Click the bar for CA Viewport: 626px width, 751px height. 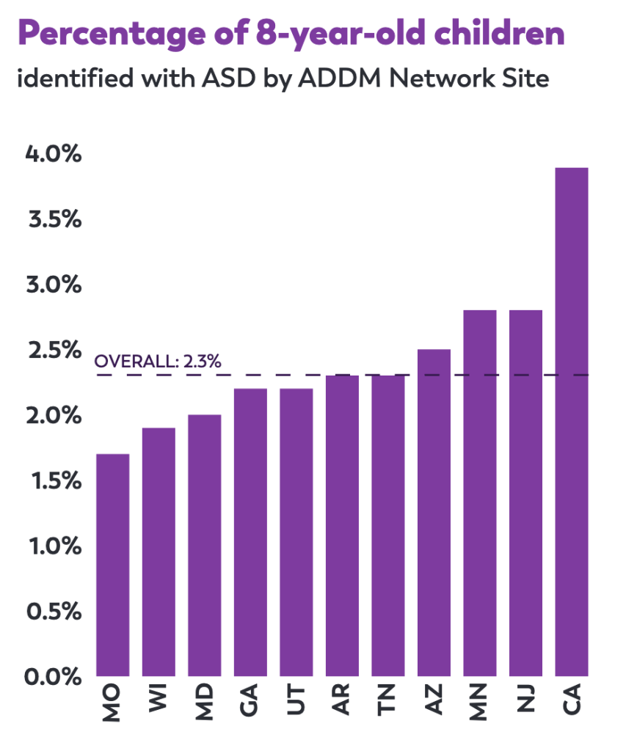point(571,422)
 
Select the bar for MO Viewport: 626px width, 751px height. point(113,565)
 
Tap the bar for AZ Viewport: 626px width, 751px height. point(434,513)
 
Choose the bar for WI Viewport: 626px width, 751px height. point(159,552)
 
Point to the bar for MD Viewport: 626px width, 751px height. point(204,545)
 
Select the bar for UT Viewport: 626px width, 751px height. point(296,532)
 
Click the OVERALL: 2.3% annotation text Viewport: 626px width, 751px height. point(158,362)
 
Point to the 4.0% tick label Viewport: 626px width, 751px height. point(54,155)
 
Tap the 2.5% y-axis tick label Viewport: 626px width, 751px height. point(54,351)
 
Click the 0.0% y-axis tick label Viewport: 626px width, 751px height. point(54,676)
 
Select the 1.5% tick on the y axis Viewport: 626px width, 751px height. point(54,480)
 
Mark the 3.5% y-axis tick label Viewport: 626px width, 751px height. point(54,220)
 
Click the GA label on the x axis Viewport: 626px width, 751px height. point(250,702)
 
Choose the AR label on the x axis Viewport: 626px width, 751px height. point(342,702)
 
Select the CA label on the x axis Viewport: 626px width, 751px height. point(571,702)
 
